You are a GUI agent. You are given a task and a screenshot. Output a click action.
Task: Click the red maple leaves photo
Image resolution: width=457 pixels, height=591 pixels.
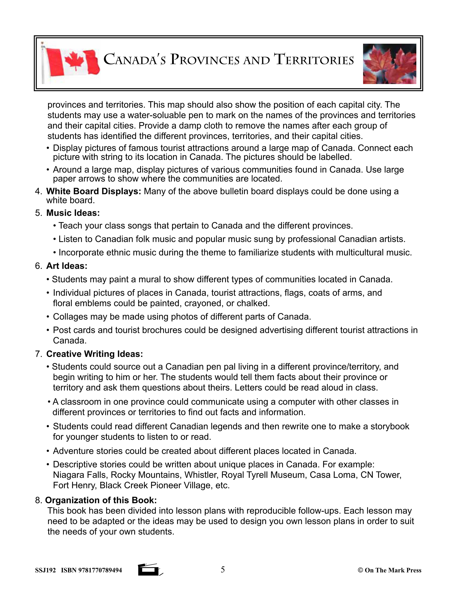click(x=389, y=64)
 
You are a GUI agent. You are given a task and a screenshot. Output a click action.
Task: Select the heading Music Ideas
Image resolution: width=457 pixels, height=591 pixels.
click(x=73, y=213)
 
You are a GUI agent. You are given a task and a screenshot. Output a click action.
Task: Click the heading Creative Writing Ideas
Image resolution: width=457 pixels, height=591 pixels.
click(x=94, y=354)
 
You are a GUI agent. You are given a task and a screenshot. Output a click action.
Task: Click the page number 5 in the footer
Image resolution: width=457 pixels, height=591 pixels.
click(x=222, y=570)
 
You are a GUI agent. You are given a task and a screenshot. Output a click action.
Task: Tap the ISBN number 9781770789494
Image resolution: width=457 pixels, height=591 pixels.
click(x=100, y=570)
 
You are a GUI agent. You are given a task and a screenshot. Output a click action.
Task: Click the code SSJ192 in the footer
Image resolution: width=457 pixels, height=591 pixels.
click(x=45, y=570)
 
